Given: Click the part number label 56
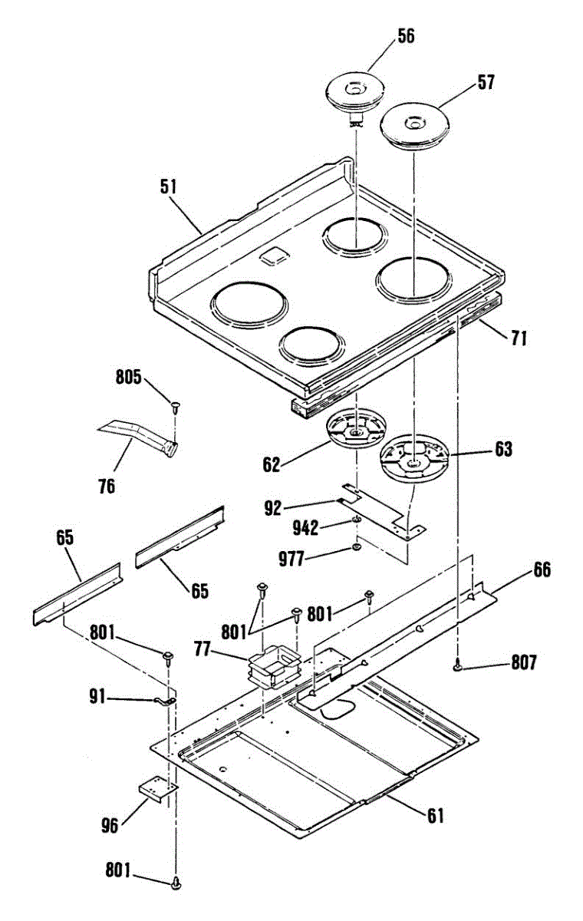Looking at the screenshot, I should tap(406, 36).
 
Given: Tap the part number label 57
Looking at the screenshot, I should tap(486, 82).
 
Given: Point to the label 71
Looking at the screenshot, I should tap(518, 336).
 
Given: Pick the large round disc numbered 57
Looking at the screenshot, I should tap(413, 124).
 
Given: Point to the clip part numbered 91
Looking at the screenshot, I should tap(164, 700).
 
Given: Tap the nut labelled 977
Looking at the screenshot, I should tap(356, 548).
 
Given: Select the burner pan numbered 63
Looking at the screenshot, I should tap(413, 459).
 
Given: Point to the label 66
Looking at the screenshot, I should tap(542, 570).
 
